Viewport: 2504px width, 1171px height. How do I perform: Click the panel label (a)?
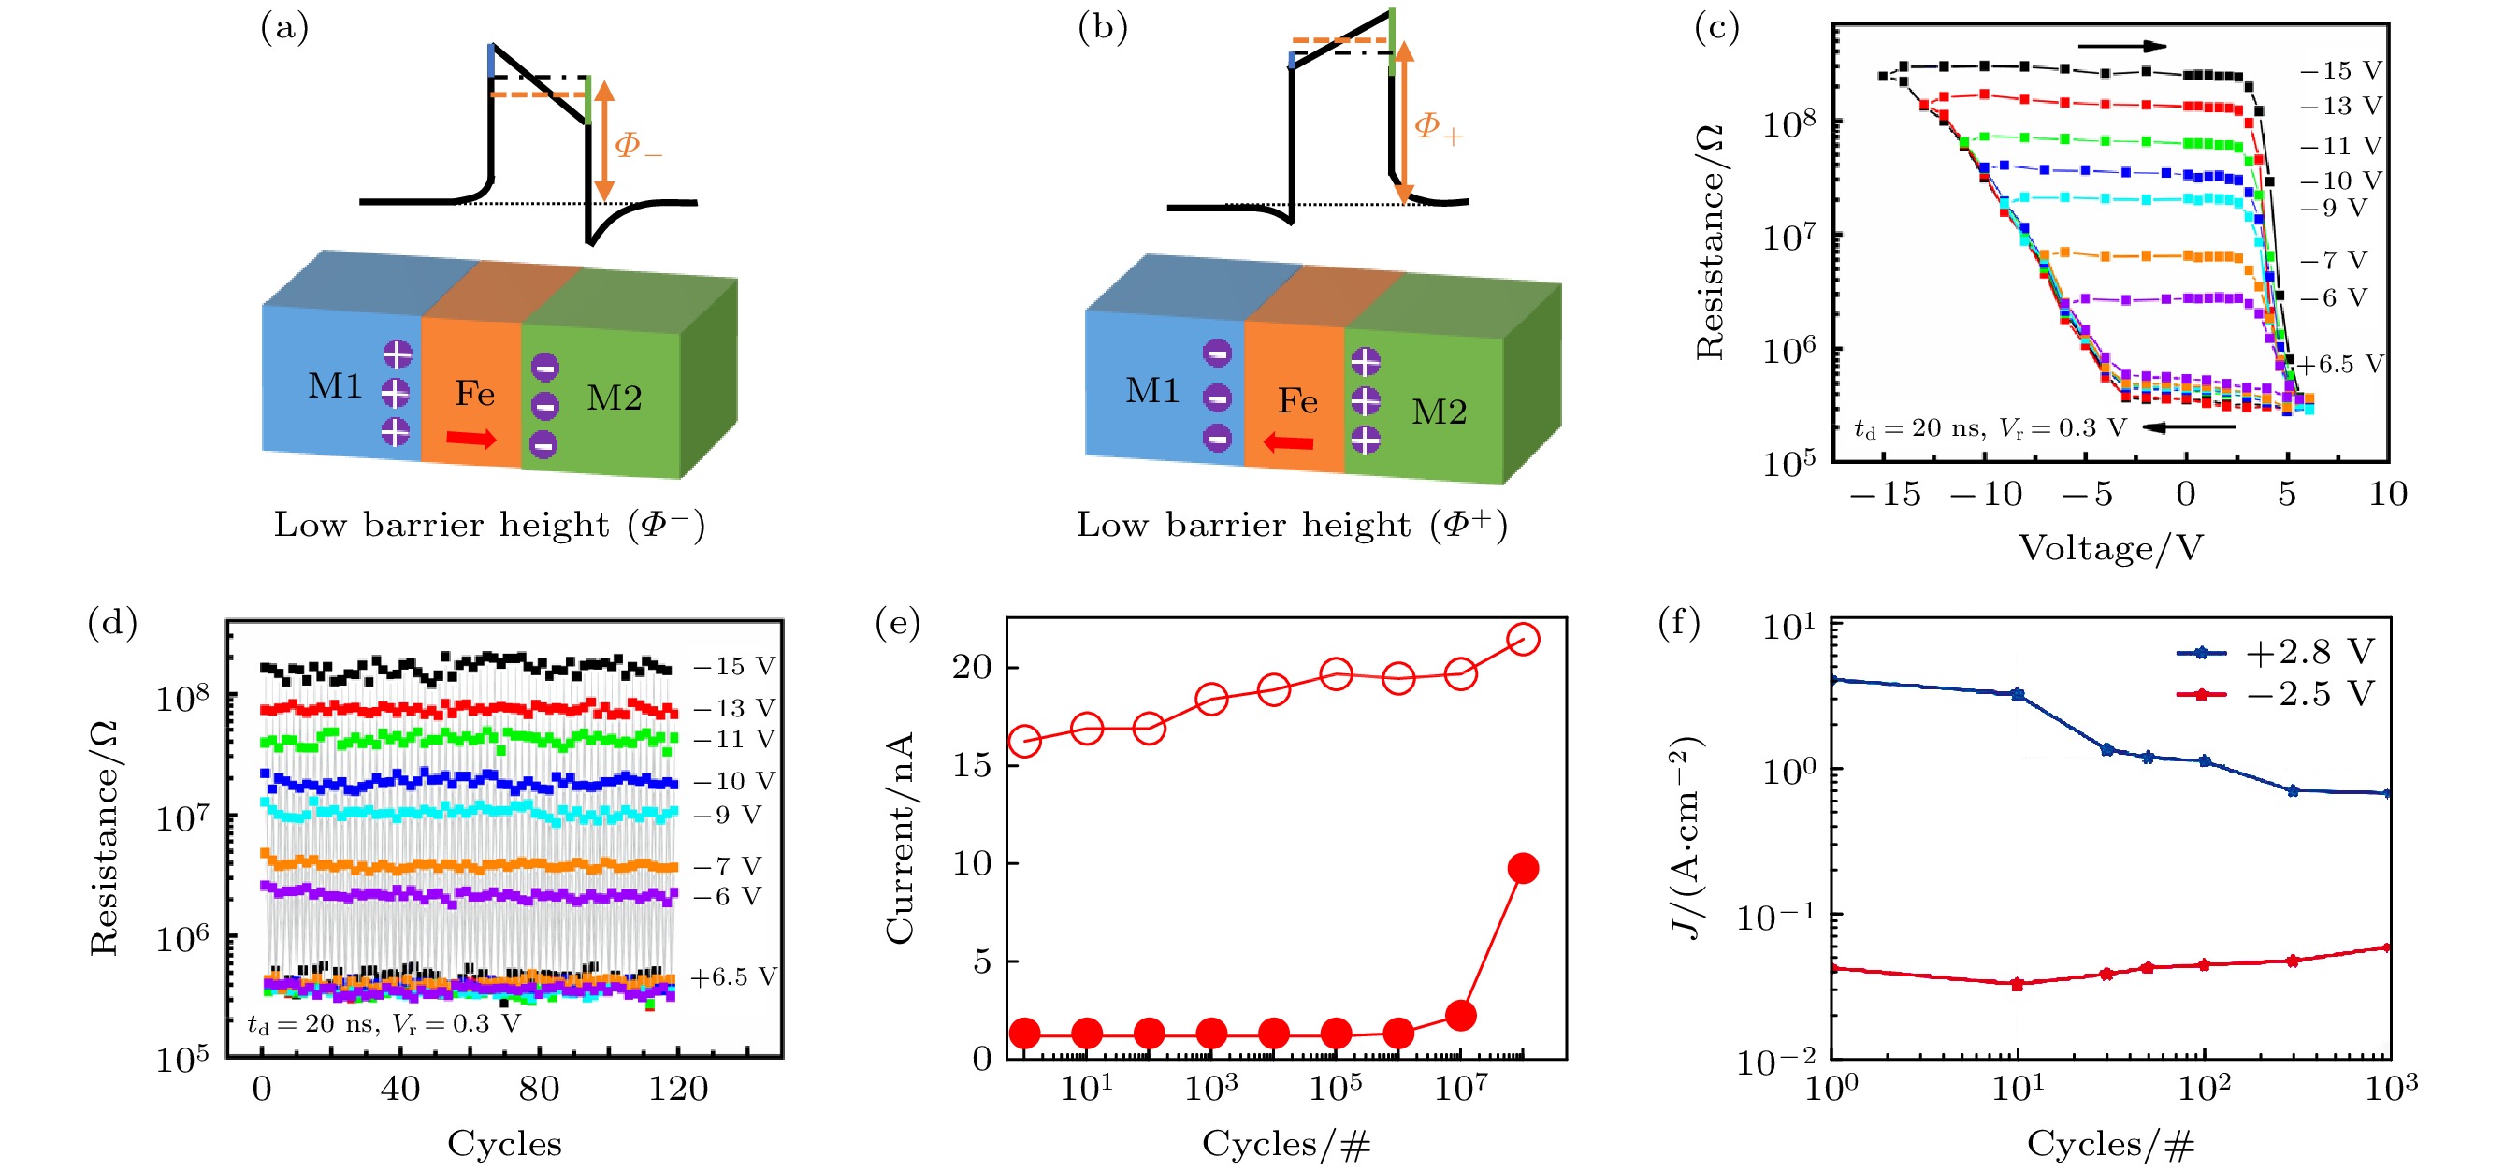[283, 27]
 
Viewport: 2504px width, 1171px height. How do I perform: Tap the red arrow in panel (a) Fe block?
[471, 440]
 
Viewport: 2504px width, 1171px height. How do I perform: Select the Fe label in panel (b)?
[1297, 400]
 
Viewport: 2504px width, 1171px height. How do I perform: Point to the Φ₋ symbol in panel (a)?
[638, 146]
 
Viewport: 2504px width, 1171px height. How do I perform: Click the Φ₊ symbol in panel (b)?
[1438, 126]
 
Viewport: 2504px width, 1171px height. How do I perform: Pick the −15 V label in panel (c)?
[2340, 70]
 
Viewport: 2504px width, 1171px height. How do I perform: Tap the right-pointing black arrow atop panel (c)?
[2122, 46]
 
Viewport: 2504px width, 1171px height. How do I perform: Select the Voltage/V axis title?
[2110, 548]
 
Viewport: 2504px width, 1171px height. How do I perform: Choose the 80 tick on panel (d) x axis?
[539, 1089]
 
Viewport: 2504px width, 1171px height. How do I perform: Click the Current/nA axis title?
[900, 837]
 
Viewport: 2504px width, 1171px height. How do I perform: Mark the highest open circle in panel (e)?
[1522, 640]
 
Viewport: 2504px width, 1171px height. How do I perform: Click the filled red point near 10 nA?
[1522, 869]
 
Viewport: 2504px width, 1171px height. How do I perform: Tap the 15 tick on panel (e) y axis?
[972, 766]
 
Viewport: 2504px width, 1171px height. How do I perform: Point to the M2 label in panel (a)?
[614, 398]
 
